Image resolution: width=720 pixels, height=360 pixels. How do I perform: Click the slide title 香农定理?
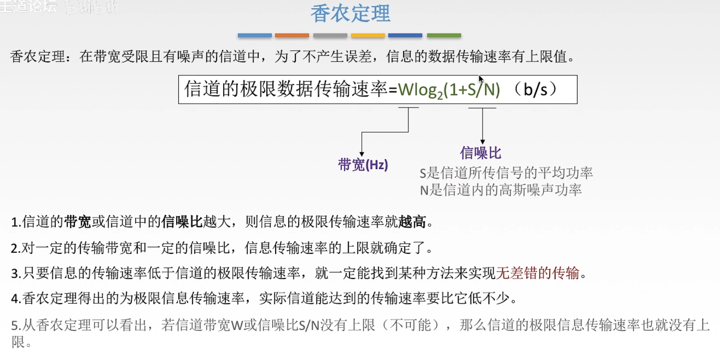pyautogui.click(x=350, y=14)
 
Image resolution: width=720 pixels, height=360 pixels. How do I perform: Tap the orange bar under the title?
pyautogui.click(x=292, y=35)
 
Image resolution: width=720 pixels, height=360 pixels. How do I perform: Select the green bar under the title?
pyautogui.click(x=444, y=35)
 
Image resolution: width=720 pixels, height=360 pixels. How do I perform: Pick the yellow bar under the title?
pyautogui.click(x=368, y=35)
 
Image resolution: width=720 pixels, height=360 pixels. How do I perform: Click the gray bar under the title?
pyautogui.click(x=330, y=35)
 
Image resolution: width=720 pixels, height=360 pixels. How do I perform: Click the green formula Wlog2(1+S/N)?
pyautogui.click(x=449, y=90)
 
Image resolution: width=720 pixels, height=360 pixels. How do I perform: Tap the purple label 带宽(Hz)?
pyautogui.click(x=363, y=164)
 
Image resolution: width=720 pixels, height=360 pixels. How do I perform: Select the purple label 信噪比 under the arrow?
pyautogui.click(x=481, y=153)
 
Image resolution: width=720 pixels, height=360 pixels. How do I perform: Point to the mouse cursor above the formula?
pyautogui.click(x=481, y=79)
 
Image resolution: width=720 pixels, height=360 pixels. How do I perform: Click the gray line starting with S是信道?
pyautogui.click(x=506, y=174)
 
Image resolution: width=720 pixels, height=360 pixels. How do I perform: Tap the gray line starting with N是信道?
pyautogui.click(x=501, y=190)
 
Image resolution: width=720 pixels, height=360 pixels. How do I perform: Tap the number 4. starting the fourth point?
pyautogui.click(x=16, y=299)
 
